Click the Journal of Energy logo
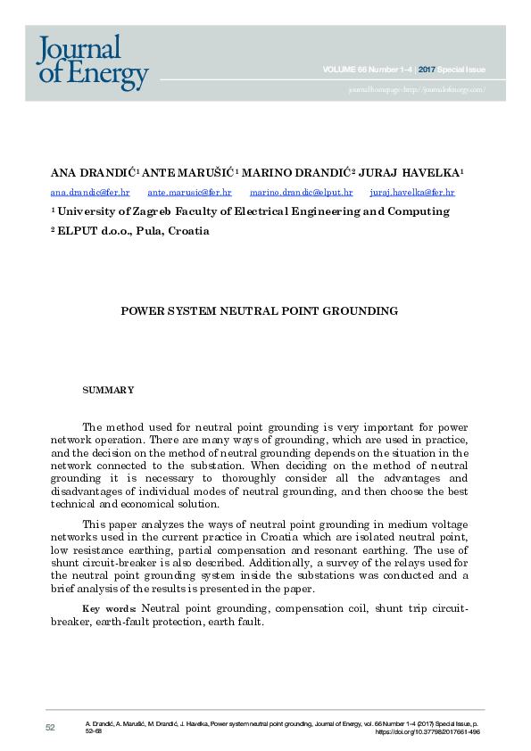92,62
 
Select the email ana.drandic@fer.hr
90,192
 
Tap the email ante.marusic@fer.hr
189,192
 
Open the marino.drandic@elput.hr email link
301,192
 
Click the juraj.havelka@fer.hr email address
412,192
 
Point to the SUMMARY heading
108,390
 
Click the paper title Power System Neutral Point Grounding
259,311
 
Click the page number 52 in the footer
50,728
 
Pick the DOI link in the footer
427,732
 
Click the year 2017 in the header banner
427,70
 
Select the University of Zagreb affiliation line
250,211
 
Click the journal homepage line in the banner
417,89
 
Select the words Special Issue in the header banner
461,70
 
